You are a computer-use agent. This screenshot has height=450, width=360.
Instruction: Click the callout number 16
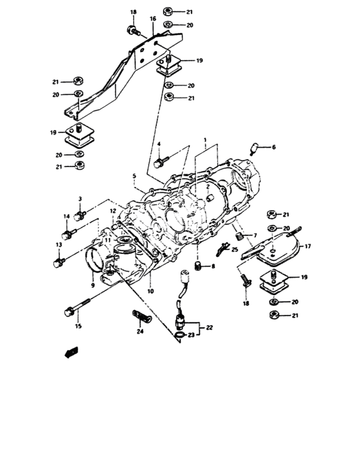[153, 20]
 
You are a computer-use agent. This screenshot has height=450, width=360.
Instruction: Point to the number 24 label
[139, 332]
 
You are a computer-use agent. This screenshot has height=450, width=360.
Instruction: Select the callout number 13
[58, 245]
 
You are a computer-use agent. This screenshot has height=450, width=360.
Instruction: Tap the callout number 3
[82, 199]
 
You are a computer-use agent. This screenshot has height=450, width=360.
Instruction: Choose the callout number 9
[93, 285]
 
